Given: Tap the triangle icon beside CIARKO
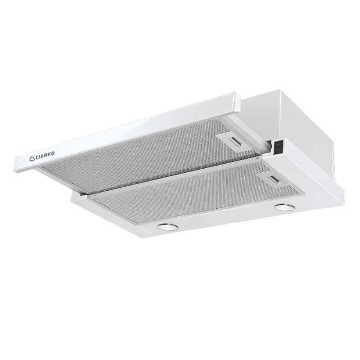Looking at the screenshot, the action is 31,158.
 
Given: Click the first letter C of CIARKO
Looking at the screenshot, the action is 37,157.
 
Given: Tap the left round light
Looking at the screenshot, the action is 168,227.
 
